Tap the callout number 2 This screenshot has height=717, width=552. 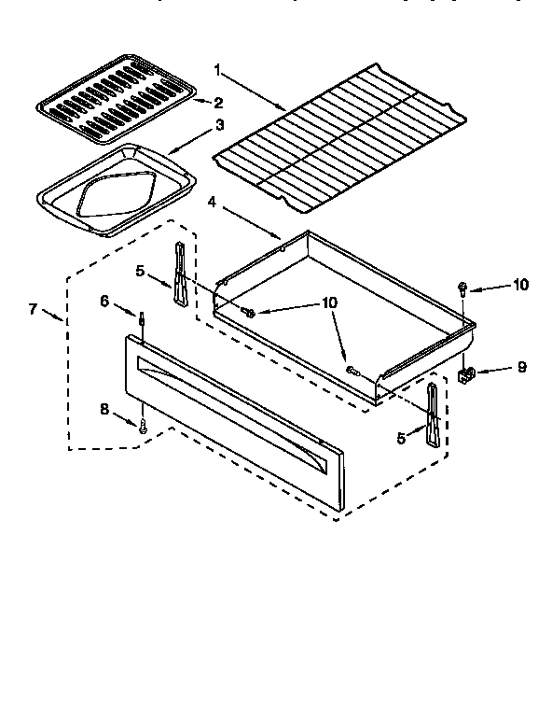pos(219,103)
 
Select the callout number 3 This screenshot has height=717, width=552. pos(219,124)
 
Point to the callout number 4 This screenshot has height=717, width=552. pos(213,201)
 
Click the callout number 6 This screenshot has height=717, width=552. pos(104,300)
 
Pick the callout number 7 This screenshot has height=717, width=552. pos(33,308)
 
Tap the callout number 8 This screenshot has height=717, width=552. pos(104,408)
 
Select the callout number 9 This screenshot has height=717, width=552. pos(521,367)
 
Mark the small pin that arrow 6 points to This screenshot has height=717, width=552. pos(142,320)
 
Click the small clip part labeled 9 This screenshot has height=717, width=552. pos(468,374)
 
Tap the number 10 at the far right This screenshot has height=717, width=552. pos(519,285)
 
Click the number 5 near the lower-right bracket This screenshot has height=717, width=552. pos(401,438)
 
